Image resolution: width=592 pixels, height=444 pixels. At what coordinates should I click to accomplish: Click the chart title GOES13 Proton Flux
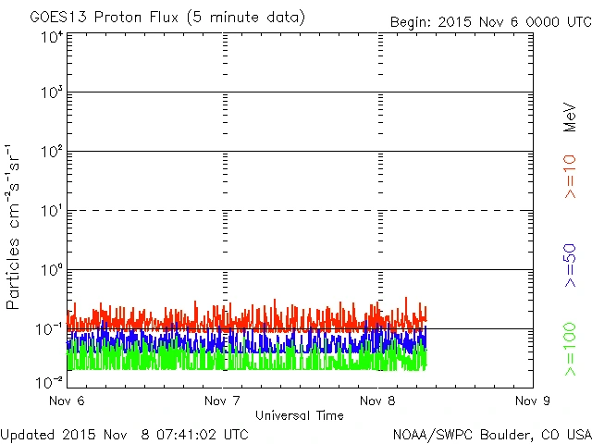click(167, 18)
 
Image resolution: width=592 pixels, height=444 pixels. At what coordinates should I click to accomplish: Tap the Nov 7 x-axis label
click(222, 401)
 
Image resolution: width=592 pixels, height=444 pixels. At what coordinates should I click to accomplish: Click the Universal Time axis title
click(299, 415)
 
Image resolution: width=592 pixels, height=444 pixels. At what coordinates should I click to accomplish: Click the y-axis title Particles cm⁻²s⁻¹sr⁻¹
click(15, 226)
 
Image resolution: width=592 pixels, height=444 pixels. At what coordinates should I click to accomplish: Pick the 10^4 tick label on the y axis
click(51, 37)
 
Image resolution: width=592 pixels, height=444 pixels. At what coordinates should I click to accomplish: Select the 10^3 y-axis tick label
click(51, 93)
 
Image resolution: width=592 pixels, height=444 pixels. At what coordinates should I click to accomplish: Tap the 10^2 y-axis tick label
click(51, 152)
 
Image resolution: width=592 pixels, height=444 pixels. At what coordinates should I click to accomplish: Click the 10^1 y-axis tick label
click(51, 211)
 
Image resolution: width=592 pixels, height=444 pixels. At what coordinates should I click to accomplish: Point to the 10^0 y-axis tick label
click(51, 270)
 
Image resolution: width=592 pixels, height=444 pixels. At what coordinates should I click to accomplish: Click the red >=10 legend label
click(570, 175)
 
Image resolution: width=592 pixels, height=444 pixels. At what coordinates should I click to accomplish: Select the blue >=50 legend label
click(570, 265)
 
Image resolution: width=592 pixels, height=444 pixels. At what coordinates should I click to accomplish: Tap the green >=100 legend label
click(570, 351)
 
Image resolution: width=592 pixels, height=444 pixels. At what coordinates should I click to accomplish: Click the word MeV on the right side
click(570, 117)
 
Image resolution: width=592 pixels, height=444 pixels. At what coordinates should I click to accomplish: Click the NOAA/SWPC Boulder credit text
click(491, 433)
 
